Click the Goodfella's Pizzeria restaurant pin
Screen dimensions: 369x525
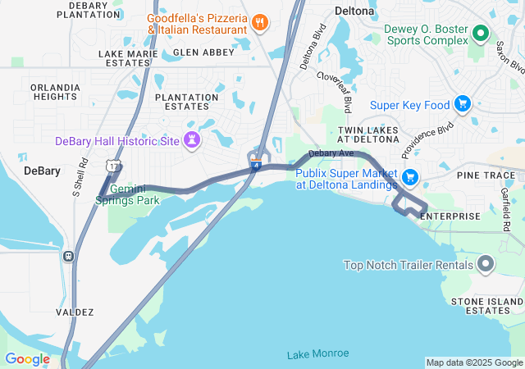(x=260, y=22)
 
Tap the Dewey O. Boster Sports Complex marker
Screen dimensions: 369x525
(x=480, y=34)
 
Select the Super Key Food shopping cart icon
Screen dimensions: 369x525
(x=463, y=104)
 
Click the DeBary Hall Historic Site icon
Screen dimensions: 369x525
(x=192, y=140)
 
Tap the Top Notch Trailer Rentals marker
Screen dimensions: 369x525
(x=486, y=264)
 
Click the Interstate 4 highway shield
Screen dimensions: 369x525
(x=256, y=166)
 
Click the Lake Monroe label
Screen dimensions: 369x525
(x=317, y=353)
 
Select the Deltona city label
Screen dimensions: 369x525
(x=356, y=11)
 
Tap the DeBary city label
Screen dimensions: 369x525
(x=42, y=171)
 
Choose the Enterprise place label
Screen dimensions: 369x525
(x=450, y=216)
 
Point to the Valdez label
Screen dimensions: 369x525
(x=75, y=312)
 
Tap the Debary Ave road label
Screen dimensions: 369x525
(x=331, y=153)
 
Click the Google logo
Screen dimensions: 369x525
(x=27, y=359)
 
